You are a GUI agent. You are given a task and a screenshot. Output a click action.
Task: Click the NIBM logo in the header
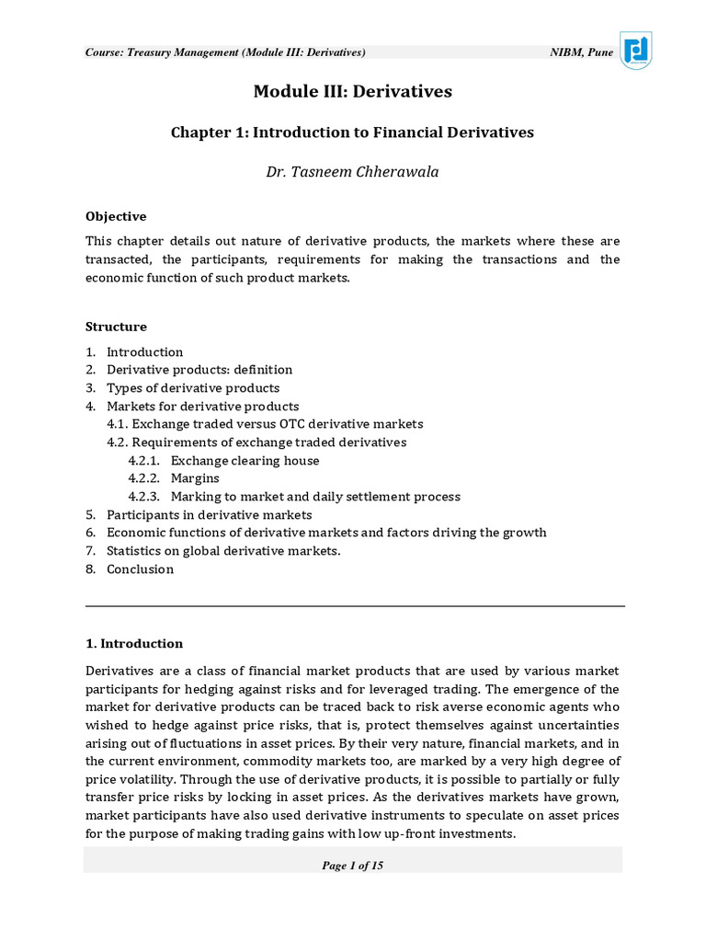pos(636,50)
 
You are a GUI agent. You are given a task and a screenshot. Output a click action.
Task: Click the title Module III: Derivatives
pos(353,92)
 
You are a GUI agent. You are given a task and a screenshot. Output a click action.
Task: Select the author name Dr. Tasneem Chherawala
pos(353,172)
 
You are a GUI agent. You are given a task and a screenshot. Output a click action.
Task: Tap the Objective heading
pos(116,217)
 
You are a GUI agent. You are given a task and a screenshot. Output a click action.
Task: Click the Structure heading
pos(116,327)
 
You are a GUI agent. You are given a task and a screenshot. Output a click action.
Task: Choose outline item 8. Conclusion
pos(140,569)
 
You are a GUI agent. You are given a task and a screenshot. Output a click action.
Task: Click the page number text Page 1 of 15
pos(353,866)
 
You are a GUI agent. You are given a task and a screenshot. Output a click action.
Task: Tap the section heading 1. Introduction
pos(134,644)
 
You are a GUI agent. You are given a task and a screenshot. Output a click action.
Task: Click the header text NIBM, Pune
pos(581,52)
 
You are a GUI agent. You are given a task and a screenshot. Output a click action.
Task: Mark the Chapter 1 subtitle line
pos(353,132)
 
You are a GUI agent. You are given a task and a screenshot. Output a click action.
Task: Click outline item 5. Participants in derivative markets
pos(209,515)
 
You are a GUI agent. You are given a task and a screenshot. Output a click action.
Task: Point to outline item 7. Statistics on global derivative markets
pos(223,551)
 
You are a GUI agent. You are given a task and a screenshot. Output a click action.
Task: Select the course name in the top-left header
pos(225,52)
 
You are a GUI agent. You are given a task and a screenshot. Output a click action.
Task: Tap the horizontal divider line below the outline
pos(355,606)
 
